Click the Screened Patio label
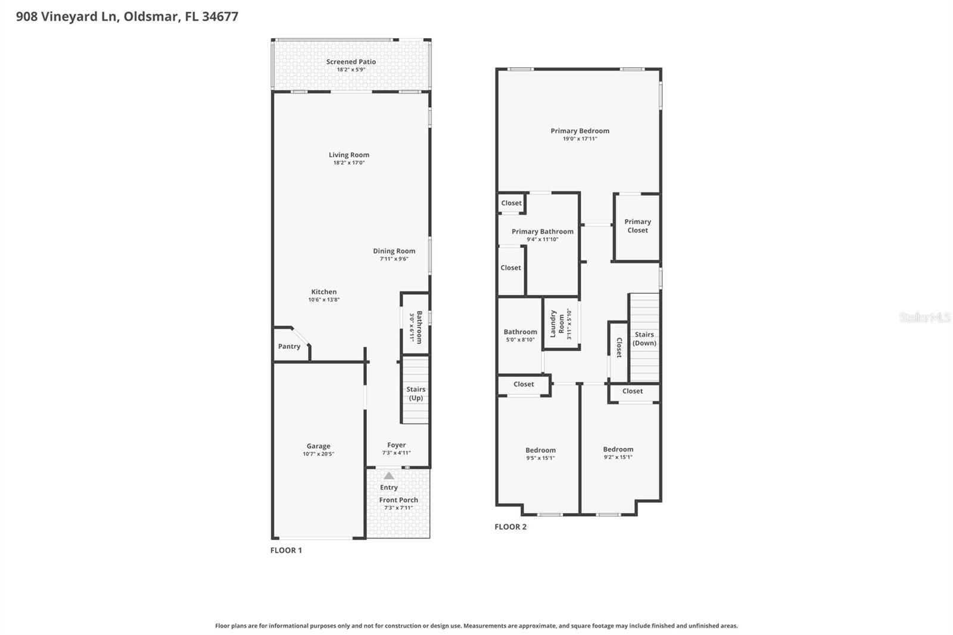point(351,62)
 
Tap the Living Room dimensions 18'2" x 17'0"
point(349,163)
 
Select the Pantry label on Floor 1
point(289,347)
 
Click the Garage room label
point(318,446)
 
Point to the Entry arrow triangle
point(389,476)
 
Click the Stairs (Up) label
point(416,394)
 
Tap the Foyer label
point(396,445)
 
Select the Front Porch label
point(398,500)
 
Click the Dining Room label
point(394,251)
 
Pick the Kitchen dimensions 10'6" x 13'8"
point(324,300)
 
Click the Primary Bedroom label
point(580,131)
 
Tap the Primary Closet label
point(637,226)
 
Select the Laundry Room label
point(557,324)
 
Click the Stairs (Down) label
point(644,339)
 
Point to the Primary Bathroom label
point(542,232)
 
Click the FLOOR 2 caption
point(510,527)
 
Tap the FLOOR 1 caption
point(286,550)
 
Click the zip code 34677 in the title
point(220,17)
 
